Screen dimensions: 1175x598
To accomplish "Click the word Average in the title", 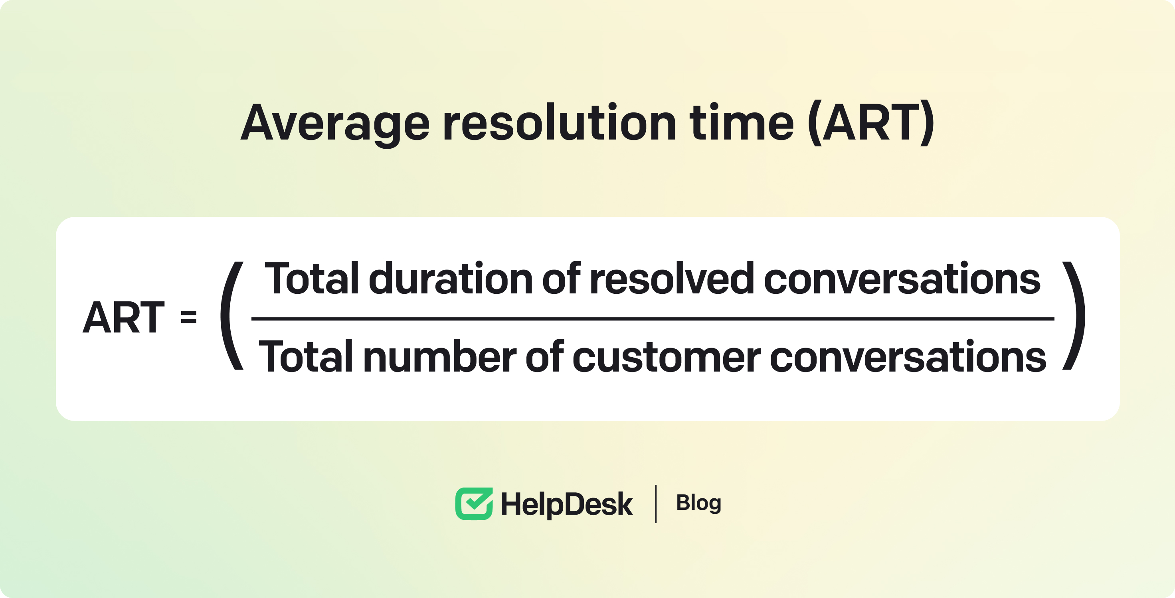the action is [335, 123].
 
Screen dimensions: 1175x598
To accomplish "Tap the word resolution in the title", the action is [560, 122].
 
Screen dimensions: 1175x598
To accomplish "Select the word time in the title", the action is [742, 122].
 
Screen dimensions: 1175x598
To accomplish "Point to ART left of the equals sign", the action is [123, 318].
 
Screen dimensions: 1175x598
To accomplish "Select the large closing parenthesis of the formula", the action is [1074, 315].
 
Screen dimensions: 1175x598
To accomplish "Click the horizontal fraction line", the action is [653, 319].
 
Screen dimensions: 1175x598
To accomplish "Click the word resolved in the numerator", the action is [671, 277].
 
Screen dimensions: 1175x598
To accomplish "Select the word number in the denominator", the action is [440, 356].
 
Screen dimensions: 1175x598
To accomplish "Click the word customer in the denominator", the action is [667, 357].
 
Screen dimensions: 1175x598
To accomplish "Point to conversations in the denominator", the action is [908, 357].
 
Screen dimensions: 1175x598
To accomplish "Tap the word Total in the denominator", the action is [306, 356].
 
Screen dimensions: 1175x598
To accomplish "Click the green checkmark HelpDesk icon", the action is [474, 504].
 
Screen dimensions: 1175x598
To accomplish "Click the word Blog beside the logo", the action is [698, 503].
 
